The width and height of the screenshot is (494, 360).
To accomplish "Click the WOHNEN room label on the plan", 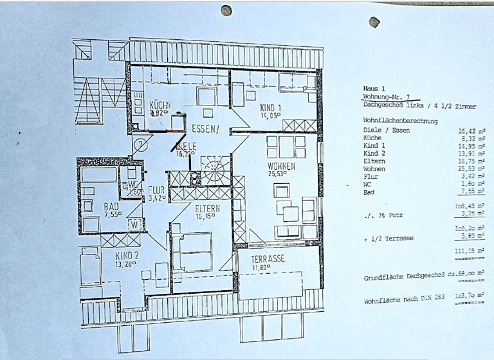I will pos(281,166).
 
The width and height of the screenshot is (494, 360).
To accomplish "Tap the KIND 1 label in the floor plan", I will pos(271,107).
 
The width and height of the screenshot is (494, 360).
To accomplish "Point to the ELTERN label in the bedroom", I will pos(208,208).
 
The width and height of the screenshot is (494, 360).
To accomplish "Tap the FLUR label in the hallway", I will pos(156,190).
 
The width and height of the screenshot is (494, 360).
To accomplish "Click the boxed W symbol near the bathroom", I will pos(134,224).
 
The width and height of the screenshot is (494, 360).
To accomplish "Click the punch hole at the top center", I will pos(226,10).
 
